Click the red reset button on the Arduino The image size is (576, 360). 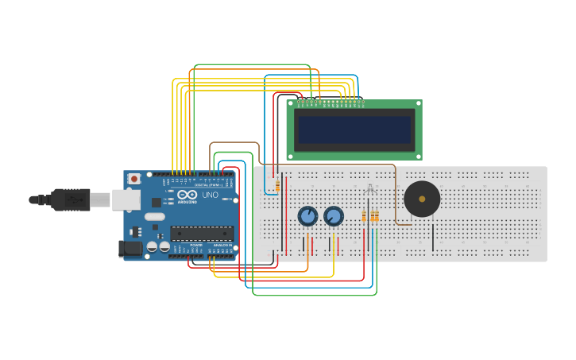(133, 179)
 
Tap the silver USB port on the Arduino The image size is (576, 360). (126, 199)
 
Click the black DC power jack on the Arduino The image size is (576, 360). (130, 249)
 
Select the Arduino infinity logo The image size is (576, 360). (187, 195)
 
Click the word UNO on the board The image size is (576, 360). (210, 195)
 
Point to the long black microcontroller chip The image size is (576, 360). (202, 233)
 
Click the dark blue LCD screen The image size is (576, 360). (354, 128)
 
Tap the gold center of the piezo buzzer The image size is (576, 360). (422, 199)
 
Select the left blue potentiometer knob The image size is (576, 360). (307, 215)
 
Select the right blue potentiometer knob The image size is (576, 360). (334, 215)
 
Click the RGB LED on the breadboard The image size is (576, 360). (369, 189)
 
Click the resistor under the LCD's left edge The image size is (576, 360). (277, 186)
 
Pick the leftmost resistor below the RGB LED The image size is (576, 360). (364, 216)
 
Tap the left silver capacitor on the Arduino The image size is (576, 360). (152, 247)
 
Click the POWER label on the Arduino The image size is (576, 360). (195, 245)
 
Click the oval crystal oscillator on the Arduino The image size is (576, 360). (155, 216)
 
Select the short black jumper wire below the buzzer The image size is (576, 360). (433, 237)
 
